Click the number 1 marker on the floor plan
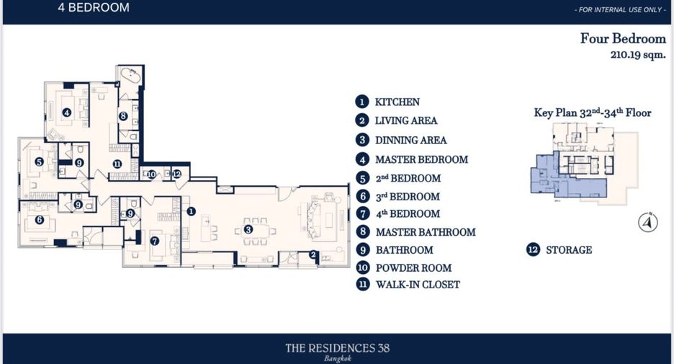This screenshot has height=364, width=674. tap(192, 211)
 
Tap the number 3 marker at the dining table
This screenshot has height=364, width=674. tap(248, 229)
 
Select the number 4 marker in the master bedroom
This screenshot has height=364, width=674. tap(67, 112)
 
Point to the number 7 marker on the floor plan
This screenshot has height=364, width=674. tap(155, 241)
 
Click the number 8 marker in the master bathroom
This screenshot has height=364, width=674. tap(123, 116)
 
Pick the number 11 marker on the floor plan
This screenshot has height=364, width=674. tap(117, 164)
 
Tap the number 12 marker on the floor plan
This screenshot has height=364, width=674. tap(176, 174)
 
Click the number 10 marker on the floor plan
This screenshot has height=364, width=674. tap(151, 174)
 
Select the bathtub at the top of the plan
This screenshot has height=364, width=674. tap(130, 76)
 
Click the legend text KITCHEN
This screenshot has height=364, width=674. tap(397, 102)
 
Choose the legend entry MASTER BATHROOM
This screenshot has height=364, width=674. tap(426, 232)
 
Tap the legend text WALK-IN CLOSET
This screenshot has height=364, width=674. tap(418, 285)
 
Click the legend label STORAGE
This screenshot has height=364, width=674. tap(569, 250)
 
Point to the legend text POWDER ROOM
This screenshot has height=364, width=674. tap(413, 268)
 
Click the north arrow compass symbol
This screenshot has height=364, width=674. tap(648, 223)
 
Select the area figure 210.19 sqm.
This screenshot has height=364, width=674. tap(638, 55)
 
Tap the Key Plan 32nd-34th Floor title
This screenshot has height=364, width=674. tap(593, 112)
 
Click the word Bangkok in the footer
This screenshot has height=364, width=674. tap(338, 358)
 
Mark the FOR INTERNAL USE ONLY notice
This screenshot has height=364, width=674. tap(620, 9)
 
